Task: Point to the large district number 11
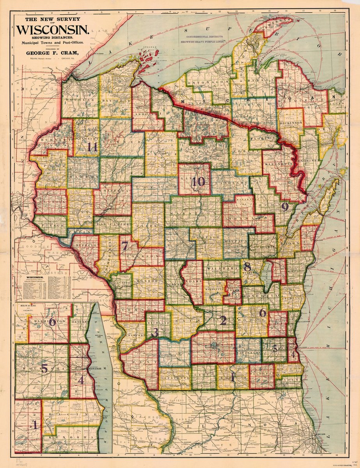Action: pos(92,147)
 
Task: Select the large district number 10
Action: pos(198,181)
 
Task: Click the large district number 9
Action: pos(285,207)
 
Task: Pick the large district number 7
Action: pos(124,246)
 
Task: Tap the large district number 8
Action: pos(247,267)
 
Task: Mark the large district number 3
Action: pos(155,333)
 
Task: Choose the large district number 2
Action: pos(223,321)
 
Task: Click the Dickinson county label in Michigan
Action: pos(291,123)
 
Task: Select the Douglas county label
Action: pos(80,100)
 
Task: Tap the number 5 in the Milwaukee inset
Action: pos(44,368)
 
